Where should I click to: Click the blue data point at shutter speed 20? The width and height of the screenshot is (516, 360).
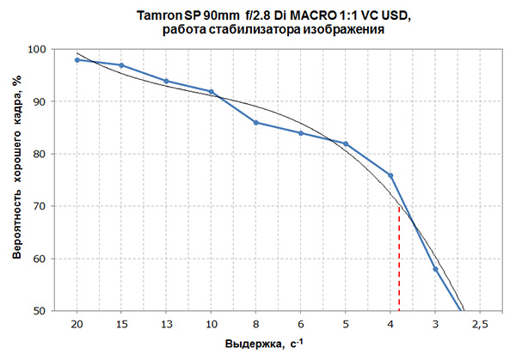[77, 60]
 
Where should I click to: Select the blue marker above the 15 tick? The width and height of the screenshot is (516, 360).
[121, 65]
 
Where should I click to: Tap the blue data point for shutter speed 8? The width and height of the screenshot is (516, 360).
[255, 123]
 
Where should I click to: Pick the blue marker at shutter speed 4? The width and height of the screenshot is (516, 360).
[390, 175]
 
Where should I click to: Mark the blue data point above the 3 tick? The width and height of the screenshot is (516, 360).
[435, 269]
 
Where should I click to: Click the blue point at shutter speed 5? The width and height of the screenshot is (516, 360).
[346, 143]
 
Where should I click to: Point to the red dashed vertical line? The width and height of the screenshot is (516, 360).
[399, 258]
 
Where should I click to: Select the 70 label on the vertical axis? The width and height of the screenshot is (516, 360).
[39, 206]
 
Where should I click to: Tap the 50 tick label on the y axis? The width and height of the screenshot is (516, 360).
[39, 311]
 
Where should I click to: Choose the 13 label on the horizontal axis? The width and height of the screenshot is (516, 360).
[166, 323]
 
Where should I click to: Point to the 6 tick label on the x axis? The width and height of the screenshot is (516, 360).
[300, 323]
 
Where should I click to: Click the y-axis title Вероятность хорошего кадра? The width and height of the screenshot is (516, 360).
[16, 180]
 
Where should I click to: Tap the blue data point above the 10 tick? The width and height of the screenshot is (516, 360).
[211, 92]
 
